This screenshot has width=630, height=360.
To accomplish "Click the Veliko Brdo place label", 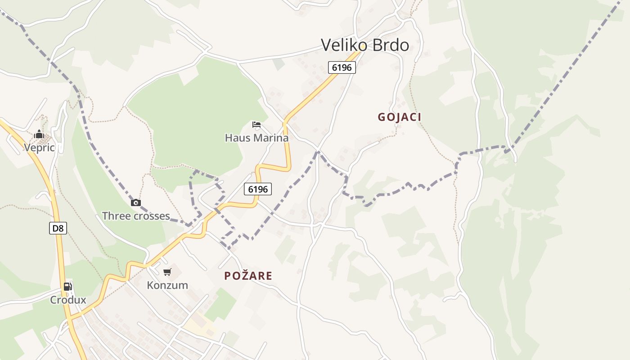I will click(x=365, y=45).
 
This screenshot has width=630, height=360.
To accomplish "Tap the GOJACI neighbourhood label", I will click(x=400, y=117).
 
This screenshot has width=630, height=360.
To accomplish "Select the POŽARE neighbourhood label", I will click(x=248, y=275).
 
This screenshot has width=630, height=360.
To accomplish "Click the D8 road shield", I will click(x=58, y=228).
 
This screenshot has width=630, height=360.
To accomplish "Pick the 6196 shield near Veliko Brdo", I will click(x=342, y=67).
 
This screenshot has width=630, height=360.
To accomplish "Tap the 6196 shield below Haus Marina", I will click(x=258, y=189).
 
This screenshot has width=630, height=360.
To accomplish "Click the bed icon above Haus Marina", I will click(x=256, y=124).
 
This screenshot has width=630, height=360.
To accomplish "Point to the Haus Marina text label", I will click(x=256, y=138).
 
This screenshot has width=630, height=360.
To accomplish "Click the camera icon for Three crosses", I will click(x=136, y=202).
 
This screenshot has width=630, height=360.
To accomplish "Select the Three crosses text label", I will click(x=136, y=216).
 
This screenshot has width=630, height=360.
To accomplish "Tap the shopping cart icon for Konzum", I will click(x=167, y=272).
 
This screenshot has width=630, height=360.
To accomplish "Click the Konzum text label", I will click(x=167, y=285).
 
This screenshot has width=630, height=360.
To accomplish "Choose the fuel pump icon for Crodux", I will click(x=67, y=286).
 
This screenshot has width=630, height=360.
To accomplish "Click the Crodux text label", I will click(x=68, y=300).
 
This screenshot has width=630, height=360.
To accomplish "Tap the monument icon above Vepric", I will click(x=39, y=134).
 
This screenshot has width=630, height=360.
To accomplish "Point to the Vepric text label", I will click(x=39, y=148).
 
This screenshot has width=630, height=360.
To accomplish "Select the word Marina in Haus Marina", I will click(x=270, y=138).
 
